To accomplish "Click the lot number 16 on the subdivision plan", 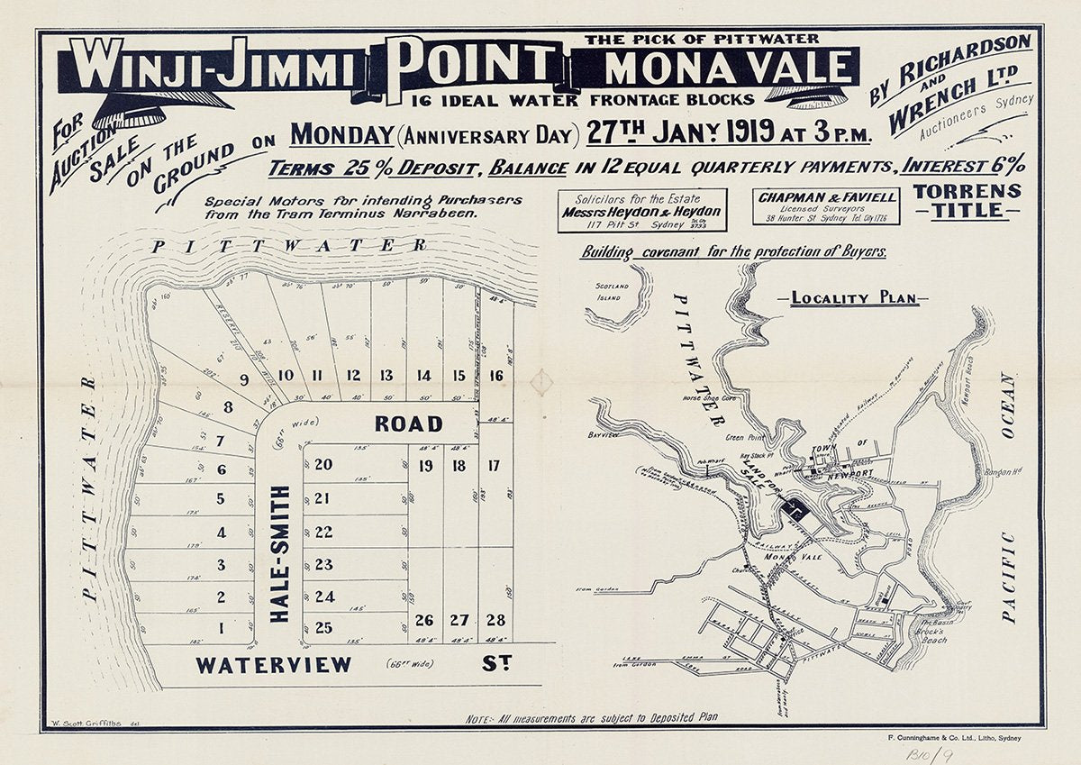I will click(x=495, y=376).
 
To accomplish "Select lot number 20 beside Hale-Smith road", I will click(x=324, y=465).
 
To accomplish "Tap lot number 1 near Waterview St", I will click(x=221, y=627).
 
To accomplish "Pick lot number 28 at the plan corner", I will click(x=495, y=620).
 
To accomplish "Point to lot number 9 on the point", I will click(x=244, y=378).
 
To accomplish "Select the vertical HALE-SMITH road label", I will click(x=280, y=553).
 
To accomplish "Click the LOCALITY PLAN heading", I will click(x=855, y=298).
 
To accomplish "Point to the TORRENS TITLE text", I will click(x=967, y=201).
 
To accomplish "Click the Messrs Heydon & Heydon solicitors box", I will click(x=641, y=210).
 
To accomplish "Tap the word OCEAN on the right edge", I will click(x=1006, y=405).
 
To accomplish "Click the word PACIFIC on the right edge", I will click(x=1008, y=578).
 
